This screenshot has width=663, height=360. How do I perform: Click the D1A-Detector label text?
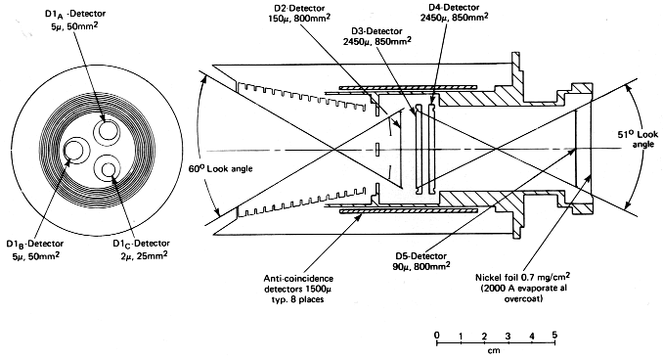(x=75, y=14)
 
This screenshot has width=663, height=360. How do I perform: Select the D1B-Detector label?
(x=35, y=245)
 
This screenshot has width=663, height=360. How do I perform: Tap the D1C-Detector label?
(x=141, y=245)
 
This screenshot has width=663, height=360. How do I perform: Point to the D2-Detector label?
(x=299, y=8)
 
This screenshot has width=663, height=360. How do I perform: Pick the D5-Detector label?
(x=420, y=256)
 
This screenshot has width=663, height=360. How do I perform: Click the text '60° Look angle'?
(x=221, y=168)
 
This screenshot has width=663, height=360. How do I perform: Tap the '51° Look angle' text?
(x=638, y=139)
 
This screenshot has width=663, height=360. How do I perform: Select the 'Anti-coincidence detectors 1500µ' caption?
(x=298, y=284)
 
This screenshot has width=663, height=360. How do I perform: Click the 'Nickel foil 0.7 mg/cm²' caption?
(x=522, y=278)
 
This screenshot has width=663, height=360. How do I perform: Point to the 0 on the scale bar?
(x=437, y=336)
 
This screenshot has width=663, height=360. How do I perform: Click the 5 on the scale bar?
(x=554, y=335)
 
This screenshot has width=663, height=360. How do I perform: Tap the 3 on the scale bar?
(x=508, y=336)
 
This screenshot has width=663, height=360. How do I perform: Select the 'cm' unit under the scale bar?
(x=494, y=350)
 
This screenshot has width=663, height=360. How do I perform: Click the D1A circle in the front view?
(x=107, y=130)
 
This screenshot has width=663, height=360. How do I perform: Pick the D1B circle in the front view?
(x=75, y=151)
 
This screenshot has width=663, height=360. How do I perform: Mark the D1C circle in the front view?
(x=107, y=170)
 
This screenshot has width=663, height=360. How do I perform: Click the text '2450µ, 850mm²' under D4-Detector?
(x=454, y=18)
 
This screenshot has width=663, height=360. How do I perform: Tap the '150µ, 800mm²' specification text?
(x=299, y=19)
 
